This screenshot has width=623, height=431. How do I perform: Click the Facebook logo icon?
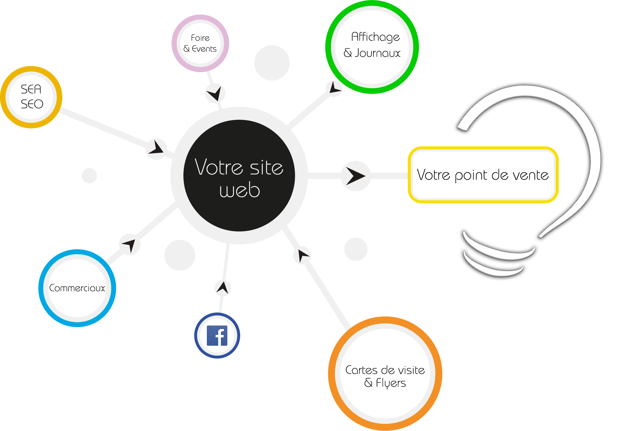click(x=217, y=336)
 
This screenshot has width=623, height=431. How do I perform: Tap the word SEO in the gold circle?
click(x=32, y=104)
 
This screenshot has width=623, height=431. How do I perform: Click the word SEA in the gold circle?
click(x=31, y=89)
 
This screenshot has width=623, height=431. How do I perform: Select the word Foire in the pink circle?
click(x=200, y=38)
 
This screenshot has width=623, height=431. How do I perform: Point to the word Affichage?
click(x=375, y=37)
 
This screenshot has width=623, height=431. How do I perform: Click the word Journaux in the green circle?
click(x=377, y=53)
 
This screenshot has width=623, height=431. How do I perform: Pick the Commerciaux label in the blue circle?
click(x=77, y=288)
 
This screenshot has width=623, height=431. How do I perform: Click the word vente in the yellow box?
click(x=530, y=175)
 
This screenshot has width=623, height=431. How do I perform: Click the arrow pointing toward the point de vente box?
click(x=356, y=176)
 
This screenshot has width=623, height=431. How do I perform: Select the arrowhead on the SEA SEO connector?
click(x=156, y=147)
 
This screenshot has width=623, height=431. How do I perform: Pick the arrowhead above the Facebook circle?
click(x=223, y=287)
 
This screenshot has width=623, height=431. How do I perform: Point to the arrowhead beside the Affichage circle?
click(x=334, y=87)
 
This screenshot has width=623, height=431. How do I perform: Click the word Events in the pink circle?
click(x=204, y=49)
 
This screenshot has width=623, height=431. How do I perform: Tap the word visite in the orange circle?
click(x=411, y=370)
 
